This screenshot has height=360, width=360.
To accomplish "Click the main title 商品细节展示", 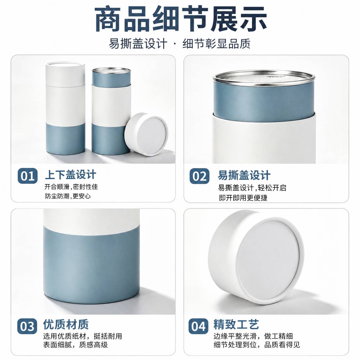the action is (181, 20).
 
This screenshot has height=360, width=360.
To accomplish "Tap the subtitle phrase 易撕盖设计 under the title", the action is (138, 44).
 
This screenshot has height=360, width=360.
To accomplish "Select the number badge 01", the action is (28, 176).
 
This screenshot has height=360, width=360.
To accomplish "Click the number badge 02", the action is (199, 176).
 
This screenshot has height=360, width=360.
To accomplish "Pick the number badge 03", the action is (27, 326).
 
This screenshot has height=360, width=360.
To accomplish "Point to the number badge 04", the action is (198, 326).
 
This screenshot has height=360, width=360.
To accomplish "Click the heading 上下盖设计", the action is (71, 175).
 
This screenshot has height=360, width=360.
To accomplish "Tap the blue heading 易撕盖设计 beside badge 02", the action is (244, 175).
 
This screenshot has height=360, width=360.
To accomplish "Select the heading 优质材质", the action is (66, 324).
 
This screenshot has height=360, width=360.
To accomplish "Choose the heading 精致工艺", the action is (236, 324).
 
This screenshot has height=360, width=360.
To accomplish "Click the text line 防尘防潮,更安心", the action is (68, 196).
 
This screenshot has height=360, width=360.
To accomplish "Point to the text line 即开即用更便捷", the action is (243, 198).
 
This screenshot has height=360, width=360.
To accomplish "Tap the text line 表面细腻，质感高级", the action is (76, 345).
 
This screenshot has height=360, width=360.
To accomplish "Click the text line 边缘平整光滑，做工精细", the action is (253, 336).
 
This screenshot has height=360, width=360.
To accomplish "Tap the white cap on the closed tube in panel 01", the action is (65, 74).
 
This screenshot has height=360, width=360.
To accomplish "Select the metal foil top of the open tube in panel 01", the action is (111, 70).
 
